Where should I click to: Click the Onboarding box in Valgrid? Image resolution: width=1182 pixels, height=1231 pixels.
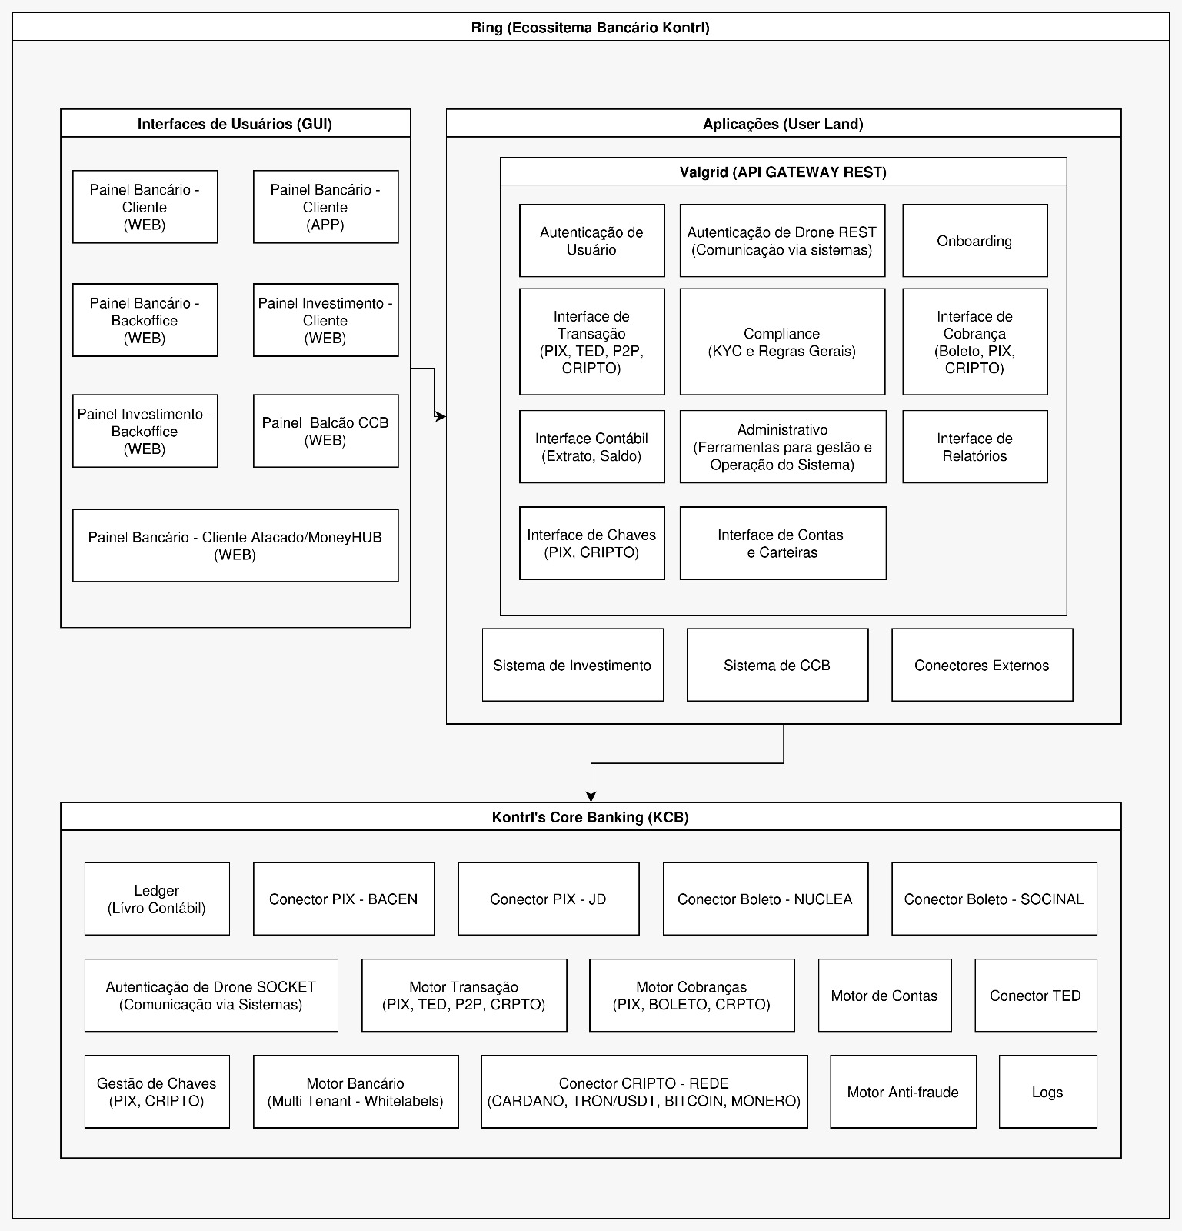point(974,241)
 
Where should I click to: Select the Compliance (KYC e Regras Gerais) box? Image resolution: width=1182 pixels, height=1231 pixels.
point(782,342)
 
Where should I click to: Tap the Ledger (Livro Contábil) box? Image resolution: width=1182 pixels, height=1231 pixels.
point(157,899)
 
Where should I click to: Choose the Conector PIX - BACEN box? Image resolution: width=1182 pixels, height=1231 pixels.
point(344,899)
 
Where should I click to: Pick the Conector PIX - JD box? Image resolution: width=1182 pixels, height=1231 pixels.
point(548,899)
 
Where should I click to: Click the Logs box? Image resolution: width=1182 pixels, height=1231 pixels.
point(1047,1092)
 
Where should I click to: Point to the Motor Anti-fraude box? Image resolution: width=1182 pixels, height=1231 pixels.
point(903,1092)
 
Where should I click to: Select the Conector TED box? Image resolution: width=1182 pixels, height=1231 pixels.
point(1035,996)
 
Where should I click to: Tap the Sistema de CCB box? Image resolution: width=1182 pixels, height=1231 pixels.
point(777,665)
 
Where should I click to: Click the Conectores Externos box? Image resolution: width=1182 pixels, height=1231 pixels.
point(982,665)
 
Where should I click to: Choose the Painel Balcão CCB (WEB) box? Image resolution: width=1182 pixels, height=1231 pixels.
point(325,431)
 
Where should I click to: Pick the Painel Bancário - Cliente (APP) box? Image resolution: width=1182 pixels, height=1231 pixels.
point(325,207)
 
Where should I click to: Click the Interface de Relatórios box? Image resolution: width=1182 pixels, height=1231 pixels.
point(974,447)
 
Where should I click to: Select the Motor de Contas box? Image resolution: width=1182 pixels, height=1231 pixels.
point(884,996)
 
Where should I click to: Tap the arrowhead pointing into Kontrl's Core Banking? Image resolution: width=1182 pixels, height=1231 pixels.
point(591,797)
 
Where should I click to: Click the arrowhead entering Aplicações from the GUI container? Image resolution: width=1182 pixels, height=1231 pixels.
point(441,416)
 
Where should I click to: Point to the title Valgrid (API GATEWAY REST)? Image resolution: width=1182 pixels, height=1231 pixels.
point(783,172)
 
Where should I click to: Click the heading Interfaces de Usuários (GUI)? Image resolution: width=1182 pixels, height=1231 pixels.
point(235,124)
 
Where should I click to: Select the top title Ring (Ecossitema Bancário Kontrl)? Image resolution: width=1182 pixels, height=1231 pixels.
point(591,28)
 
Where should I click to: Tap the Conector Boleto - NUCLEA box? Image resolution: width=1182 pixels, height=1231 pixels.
point(765,899)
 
